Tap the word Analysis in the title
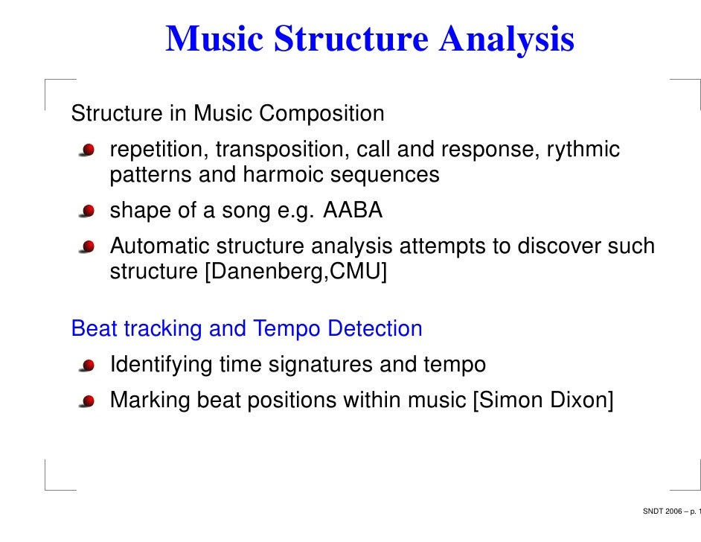pos(507,39)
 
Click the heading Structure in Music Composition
pos(228,114)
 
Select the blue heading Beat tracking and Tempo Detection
pos(246,328)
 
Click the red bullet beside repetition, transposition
pos(89,151)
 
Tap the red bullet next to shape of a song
pos(89,211)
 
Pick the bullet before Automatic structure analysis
pos(89,246)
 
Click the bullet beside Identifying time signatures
pos(89,366)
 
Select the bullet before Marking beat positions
pos(89,401)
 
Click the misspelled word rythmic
pos(583,150)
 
